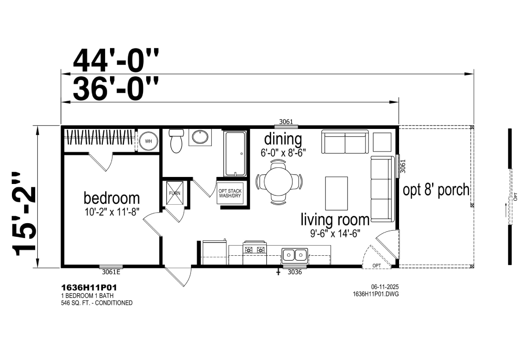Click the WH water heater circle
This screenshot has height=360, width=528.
[148, 141]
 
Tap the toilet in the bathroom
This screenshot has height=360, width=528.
[176, 141]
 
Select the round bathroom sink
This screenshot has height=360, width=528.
[200, 137]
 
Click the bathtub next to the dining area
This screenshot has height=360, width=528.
[235, 154]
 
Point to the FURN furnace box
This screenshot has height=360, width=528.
[175, 193]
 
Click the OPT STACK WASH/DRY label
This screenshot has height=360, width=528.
[230, 193]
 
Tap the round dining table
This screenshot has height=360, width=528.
[278, 181]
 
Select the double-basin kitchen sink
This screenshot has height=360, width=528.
[294, 255]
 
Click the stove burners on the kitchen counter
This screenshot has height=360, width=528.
[255, 250]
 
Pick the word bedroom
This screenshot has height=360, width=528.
[112, 198]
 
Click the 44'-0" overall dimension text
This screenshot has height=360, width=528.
[116, 61]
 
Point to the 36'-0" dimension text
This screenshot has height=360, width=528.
[115, 88]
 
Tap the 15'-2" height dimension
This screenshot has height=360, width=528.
[24, 214]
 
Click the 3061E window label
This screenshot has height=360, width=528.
[111, 272]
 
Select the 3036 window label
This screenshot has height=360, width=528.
[295, 272]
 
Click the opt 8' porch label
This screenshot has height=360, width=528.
[436, 190]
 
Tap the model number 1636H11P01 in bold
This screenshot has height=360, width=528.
[89, 288]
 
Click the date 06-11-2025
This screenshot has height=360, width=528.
[385, 287]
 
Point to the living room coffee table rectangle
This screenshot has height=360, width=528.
[336, 193]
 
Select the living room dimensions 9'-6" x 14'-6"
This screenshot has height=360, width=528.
[335, 233]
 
